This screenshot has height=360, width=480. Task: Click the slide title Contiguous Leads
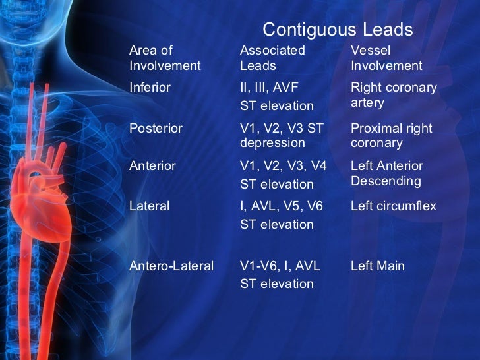(338, 30)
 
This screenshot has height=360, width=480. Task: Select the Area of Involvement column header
(165, 58)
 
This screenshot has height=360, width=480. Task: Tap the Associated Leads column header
(272, 58)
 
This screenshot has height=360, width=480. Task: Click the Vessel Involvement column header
(386, 58)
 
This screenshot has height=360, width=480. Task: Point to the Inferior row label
(150, 88)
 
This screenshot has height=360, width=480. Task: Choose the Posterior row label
(156, 129)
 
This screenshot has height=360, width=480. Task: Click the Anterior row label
(152, 166)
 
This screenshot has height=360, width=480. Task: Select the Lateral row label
(149, 206)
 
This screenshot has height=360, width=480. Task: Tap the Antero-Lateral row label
(171, 266)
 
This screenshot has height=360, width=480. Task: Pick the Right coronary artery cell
(394, 96)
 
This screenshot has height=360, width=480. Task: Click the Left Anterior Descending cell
(387, 173)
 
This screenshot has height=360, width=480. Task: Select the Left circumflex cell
(394, 206)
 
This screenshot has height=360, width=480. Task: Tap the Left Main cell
(378, 266)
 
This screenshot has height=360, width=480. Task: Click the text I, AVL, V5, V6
(282, 206)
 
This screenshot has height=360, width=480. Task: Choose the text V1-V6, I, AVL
(280, 266)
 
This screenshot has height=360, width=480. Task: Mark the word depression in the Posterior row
(273, 143)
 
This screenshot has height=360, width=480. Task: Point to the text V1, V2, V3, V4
(284, 166)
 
